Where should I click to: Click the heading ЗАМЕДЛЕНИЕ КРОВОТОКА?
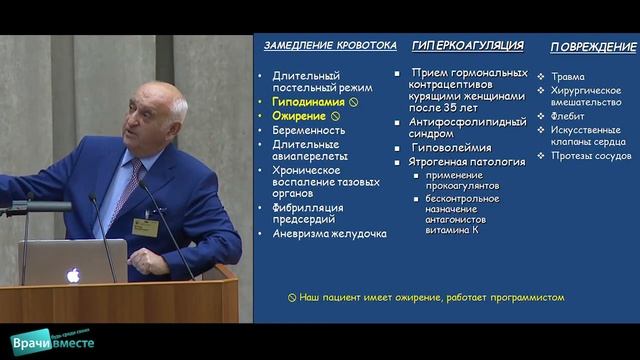point(326,46)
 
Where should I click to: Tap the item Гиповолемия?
point(454,147)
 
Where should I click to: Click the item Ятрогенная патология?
point(467,161)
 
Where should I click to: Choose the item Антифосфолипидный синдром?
point(466,124)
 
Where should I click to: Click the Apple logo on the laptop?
point(73,273)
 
